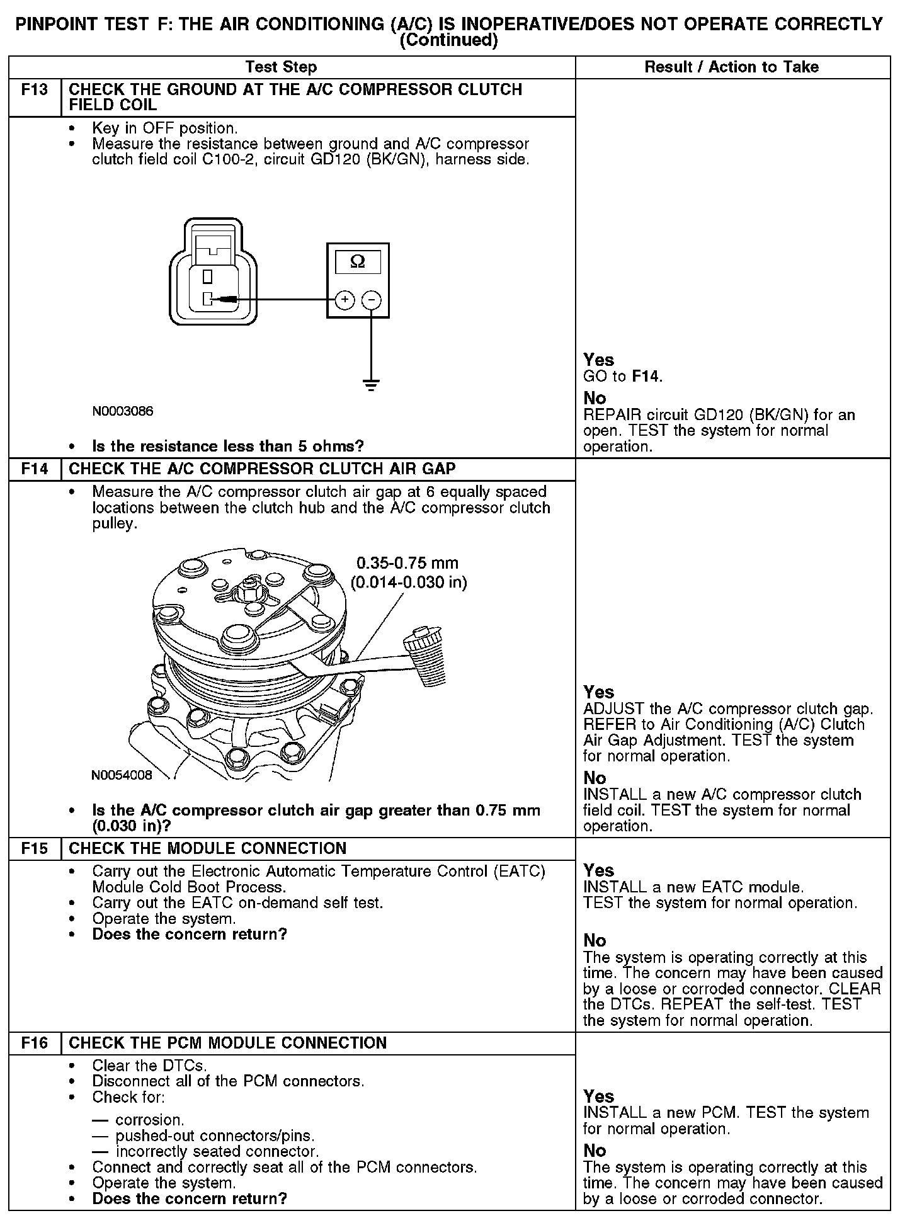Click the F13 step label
35,89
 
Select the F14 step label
35,469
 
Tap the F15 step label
35,848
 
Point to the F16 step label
35,1043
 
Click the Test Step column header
281,67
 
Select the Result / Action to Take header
731,67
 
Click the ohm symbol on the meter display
357,261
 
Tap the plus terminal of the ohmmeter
345,300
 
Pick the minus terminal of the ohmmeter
372,300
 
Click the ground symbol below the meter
372,385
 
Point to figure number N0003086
123,412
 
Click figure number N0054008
122,775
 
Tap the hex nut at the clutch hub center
248,591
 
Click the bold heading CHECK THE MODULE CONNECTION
207,848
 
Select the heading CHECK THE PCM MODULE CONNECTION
227,1043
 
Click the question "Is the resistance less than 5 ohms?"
228,447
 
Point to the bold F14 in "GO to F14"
646,377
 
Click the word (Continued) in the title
448,41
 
